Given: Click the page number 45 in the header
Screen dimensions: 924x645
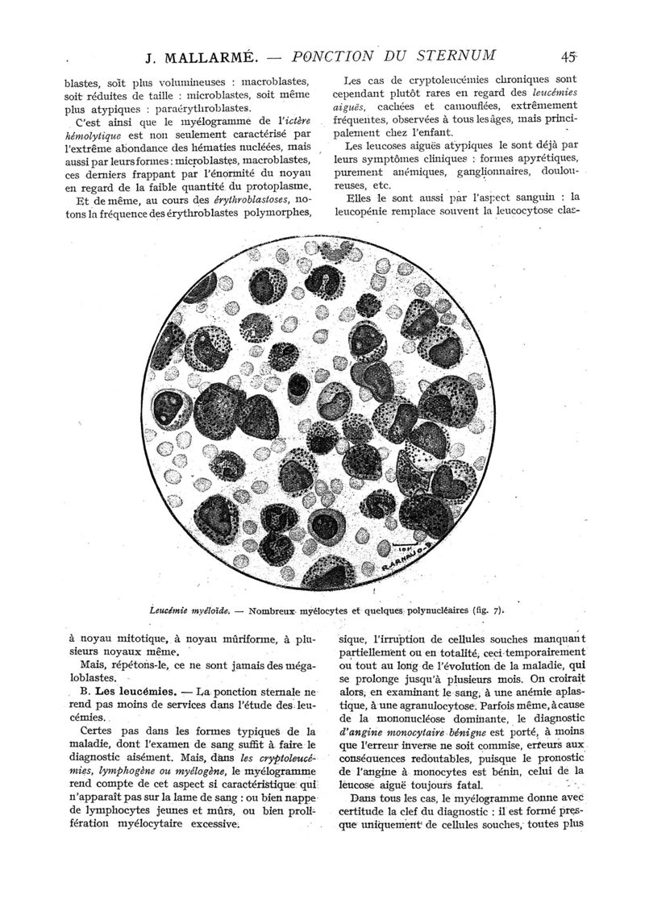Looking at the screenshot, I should click(569, 56).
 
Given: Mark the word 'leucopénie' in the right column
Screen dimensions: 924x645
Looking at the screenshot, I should click(367, 212).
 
